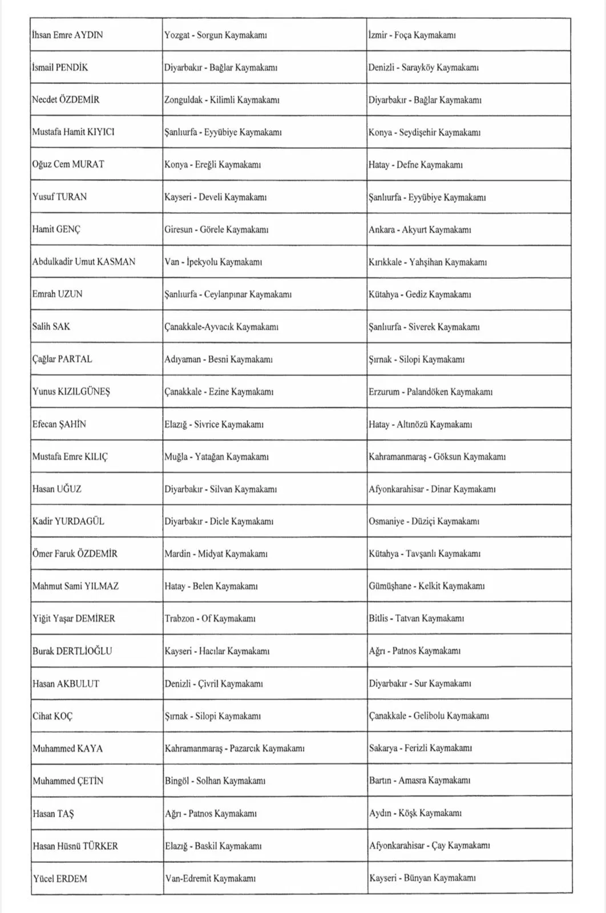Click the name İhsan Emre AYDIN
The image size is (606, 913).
[67, 35]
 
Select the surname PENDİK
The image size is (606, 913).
[71, 67]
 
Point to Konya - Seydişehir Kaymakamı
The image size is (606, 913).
[424, 132]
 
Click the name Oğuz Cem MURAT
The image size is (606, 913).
[68, 164]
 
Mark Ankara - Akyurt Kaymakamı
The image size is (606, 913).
[419, 229]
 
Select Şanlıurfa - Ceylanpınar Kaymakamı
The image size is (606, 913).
[228, 294]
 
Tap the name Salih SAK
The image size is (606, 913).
[51, 326]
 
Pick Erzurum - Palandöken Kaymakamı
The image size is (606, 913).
[430, 391]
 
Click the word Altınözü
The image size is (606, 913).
[412, 424]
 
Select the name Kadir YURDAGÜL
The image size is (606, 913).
[68, 521]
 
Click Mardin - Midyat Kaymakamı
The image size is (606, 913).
[216, 554]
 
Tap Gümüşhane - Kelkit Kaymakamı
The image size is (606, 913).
[426, 586]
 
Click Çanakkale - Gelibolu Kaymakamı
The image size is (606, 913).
[429, 716]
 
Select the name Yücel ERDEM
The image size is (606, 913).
[60, 878]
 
